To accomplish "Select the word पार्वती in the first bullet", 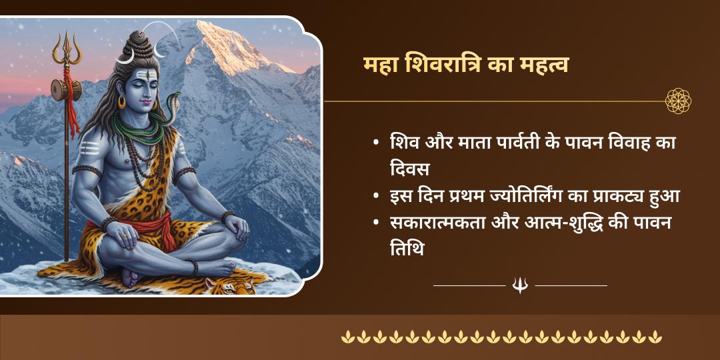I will click(510, 143).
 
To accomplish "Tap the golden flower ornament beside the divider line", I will click(678, 101).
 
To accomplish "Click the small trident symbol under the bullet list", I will click(520, 285).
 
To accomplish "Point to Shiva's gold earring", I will click(122, 102).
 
